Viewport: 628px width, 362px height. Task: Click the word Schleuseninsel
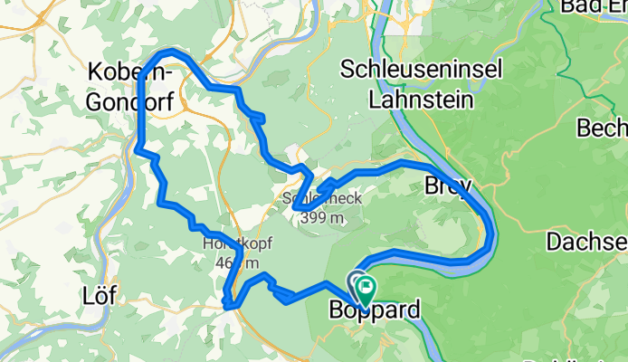407,69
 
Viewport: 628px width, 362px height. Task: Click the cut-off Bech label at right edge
603,126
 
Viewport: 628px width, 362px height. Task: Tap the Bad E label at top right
593,7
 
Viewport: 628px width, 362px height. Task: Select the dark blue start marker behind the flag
355,282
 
